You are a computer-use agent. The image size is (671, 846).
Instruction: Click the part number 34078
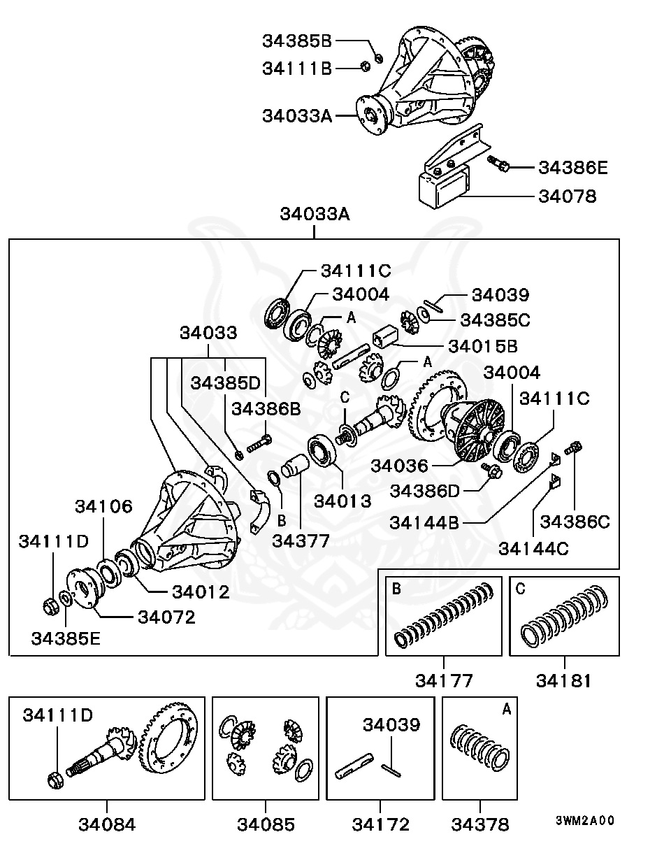[x=567, y=196]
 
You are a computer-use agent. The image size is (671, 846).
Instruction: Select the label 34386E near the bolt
[x=572, y=168]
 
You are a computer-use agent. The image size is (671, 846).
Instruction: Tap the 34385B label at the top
[x=297, y=41]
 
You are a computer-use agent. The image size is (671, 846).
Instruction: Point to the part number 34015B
[x=482, y=346]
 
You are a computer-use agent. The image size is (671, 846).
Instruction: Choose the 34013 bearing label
[x=342, y=501]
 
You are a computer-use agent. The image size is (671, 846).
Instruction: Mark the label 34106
[x=103, y=507]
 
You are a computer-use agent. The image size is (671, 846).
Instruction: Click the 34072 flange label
[x=166, y=617]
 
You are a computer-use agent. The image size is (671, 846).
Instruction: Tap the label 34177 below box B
[x=444, y=680]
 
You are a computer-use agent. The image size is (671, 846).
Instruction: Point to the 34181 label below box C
[x=564, y=680]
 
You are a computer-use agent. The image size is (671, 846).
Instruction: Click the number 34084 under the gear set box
[x=107, y=824]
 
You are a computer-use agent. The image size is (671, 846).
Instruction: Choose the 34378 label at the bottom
[x=479, y=824]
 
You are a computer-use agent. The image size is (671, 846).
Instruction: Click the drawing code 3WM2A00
[x=585, y=821]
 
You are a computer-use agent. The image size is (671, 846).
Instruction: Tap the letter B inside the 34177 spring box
[x=396, y=589]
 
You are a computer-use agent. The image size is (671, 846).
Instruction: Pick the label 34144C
[x=533, y=547]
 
